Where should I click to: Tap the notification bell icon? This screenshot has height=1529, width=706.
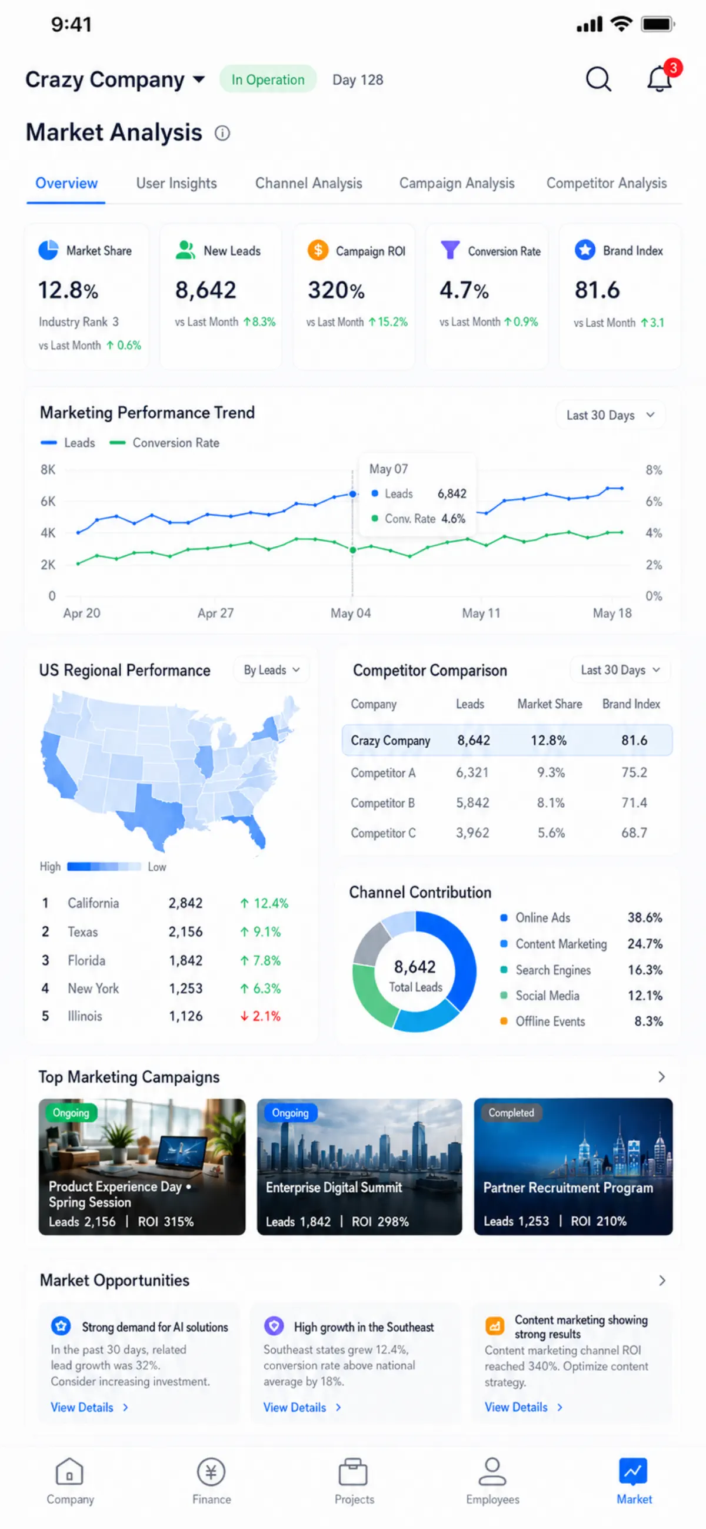click(x=659, y=79)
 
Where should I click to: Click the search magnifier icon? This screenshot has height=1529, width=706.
click(x=598, y=79)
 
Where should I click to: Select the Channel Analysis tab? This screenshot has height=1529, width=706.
click(x=308, y=183)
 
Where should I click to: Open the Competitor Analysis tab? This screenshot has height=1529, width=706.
click(x=607, y=183)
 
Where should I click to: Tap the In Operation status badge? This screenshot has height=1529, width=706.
click(x=268, y=79)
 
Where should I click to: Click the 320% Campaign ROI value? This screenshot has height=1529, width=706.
click(x=337, y=290)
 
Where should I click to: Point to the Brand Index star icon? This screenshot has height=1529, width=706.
click(x=585, y=250)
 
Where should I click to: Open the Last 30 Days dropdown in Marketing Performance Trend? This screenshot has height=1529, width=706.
click(x=610, y=415)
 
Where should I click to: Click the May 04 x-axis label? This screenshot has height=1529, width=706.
click(x=351, y=613)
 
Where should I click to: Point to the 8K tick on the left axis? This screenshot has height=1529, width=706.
click(x=48, y=469)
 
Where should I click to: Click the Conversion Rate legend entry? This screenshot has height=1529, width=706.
click(x=164, y=443)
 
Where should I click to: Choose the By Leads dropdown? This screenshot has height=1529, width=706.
click(x=272, y=670)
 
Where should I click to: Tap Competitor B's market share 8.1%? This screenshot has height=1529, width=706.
click(x=551, y=803)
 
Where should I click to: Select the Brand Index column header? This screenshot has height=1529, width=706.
click(x=631, y=704)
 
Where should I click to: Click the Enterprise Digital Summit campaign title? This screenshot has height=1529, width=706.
click(x=334, y=1187)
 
